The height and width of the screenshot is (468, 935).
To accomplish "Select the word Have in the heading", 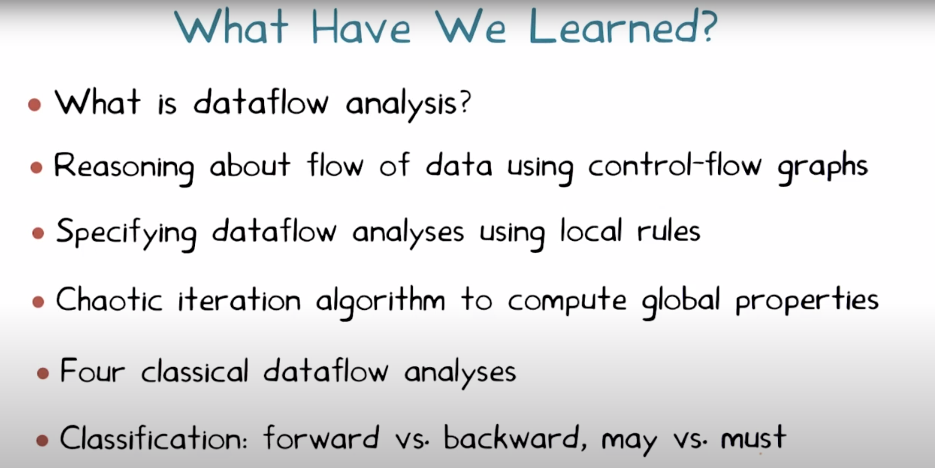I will (x=361, y=27).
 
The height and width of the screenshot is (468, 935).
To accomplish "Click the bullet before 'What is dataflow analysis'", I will (x=35, y=105).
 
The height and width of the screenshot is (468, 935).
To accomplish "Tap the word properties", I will (x=807, y=301).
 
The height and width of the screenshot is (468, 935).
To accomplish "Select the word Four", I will (x=93, y=371).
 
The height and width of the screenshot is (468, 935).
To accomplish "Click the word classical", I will (x=195, y=371).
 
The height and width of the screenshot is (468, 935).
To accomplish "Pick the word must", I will (x=753, y=438).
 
